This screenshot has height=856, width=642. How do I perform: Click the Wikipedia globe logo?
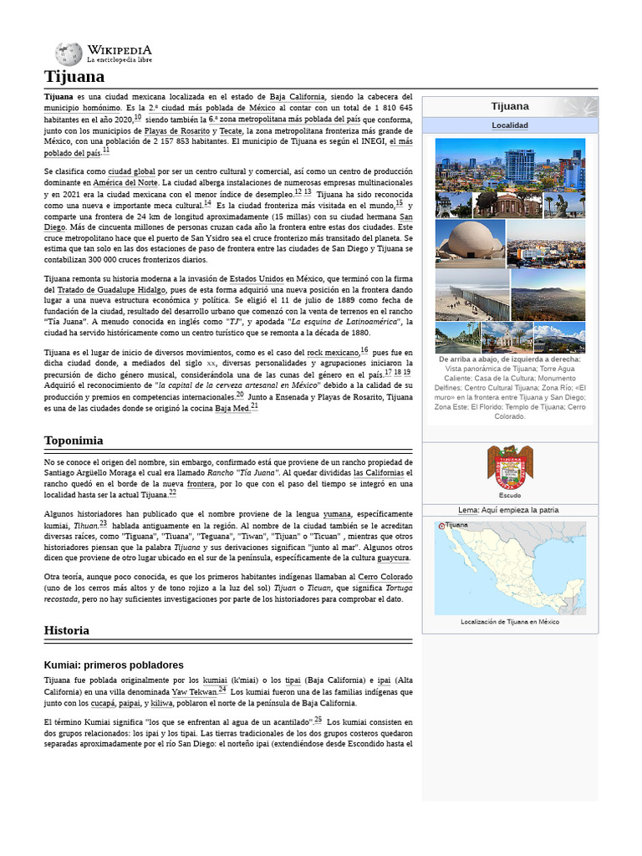coord(69,54)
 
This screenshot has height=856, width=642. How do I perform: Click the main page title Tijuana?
coord(74,77)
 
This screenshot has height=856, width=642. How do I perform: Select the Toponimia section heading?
coord(74,440)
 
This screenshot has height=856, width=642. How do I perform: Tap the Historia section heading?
coord(67,629)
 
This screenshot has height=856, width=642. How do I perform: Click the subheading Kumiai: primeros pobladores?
coord(114,665)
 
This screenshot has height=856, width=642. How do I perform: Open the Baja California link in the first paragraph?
coord(298,97)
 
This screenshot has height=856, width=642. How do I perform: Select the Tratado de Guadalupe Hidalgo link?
coord(120,289)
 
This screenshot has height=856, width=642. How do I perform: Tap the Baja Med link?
coord(232,408)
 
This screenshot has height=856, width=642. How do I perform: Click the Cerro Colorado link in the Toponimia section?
coord(385,578)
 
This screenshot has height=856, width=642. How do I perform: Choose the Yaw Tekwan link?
coord(194,692)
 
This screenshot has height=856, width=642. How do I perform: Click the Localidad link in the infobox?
coord(509,125)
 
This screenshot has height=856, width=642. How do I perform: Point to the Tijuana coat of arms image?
coord(509,467)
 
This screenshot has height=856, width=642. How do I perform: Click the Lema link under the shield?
coord(467,510)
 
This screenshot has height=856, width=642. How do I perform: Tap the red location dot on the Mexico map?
coord(441,527)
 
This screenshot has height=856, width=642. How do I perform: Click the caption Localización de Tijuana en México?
coord(509,622)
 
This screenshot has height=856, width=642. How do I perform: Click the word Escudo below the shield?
coord(509,496)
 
